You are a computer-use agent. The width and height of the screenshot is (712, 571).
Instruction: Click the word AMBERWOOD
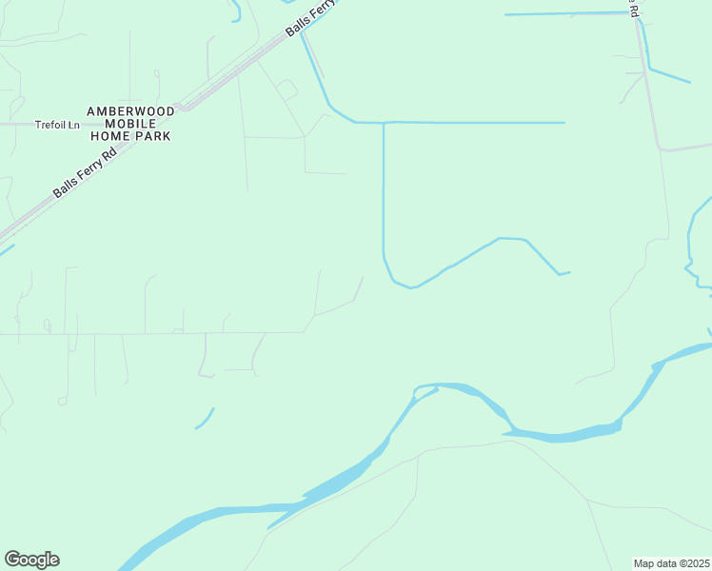[131, 111]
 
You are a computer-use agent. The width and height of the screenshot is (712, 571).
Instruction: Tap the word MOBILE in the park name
[131, 124]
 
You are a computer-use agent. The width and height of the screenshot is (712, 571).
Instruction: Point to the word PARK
[152, 136]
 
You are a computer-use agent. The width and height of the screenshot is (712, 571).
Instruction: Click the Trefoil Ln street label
[55, 125]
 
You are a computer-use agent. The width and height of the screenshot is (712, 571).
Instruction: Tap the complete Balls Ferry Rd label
[84, 171]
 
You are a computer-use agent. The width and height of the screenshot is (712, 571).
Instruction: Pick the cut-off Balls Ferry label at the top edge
[312, 17]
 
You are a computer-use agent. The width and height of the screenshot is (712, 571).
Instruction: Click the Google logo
[31, 560]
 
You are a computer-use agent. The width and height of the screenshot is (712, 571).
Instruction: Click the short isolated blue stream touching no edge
[205, 419]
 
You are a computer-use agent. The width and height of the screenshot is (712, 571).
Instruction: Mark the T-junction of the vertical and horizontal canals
[383, 123]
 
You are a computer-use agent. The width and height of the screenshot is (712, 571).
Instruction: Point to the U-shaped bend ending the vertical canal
[405, 284]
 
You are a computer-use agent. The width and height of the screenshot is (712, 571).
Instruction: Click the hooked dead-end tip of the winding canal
[563, 274]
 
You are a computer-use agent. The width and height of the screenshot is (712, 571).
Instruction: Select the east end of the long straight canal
[564, 123]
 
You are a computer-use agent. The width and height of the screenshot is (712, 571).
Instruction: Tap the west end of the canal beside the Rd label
[505, 15]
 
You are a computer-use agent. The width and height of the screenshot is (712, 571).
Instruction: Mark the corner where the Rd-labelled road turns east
[660, 149]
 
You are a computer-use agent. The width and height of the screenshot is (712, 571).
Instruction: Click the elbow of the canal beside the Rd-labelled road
[649, 68]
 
